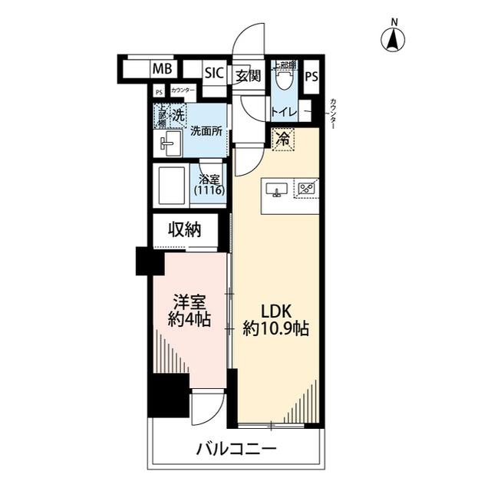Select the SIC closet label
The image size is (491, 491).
[x=213, y=74]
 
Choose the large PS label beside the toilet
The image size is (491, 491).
[x=311, y=77]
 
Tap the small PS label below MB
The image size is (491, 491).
[x=159, y=91]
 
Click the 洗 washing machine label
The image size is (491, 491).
[x=177, y=116]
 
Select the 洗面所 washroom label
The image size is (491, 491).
[x=206, y=130]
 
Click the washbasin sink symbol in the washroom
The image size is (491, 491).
[x=170, y=143]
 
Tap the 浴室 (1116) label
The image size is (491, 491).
[x=209, y=184]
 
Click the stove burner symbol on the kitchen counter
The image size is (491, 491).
[x=308, y=187]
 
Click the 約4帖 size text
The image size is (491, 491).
[x=189, y=320]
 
